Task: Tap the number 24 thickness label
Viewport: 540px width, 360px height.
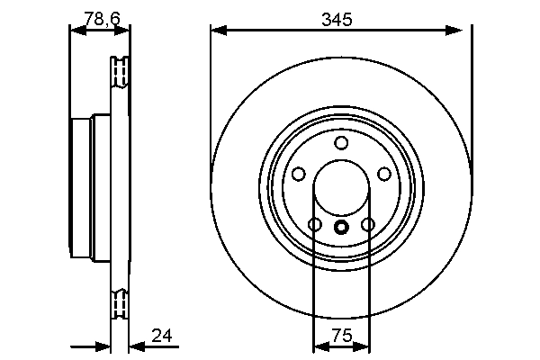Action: point(162,337)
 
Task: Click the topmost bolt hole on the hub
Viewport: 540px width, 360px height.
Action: point(340,143)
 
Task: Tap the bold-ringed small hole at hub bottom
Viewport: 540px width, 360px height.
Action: point(340,227)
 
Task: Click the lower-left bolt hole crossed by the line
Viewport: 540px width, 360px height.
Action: point(314,224)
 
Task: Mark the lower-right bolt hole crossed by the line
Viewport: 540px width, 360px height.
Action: point(367,224)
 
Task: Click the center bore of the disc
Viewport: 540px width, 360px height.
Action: point(340,188)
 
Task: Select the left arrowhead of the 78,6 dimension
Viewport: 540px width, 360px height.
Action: point(76,31)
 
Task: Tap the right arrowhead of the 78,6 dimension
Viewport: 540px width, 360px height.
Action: point(124,31)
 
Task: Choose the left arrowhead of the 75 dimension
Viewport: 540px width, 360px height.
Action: point(319,345)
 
